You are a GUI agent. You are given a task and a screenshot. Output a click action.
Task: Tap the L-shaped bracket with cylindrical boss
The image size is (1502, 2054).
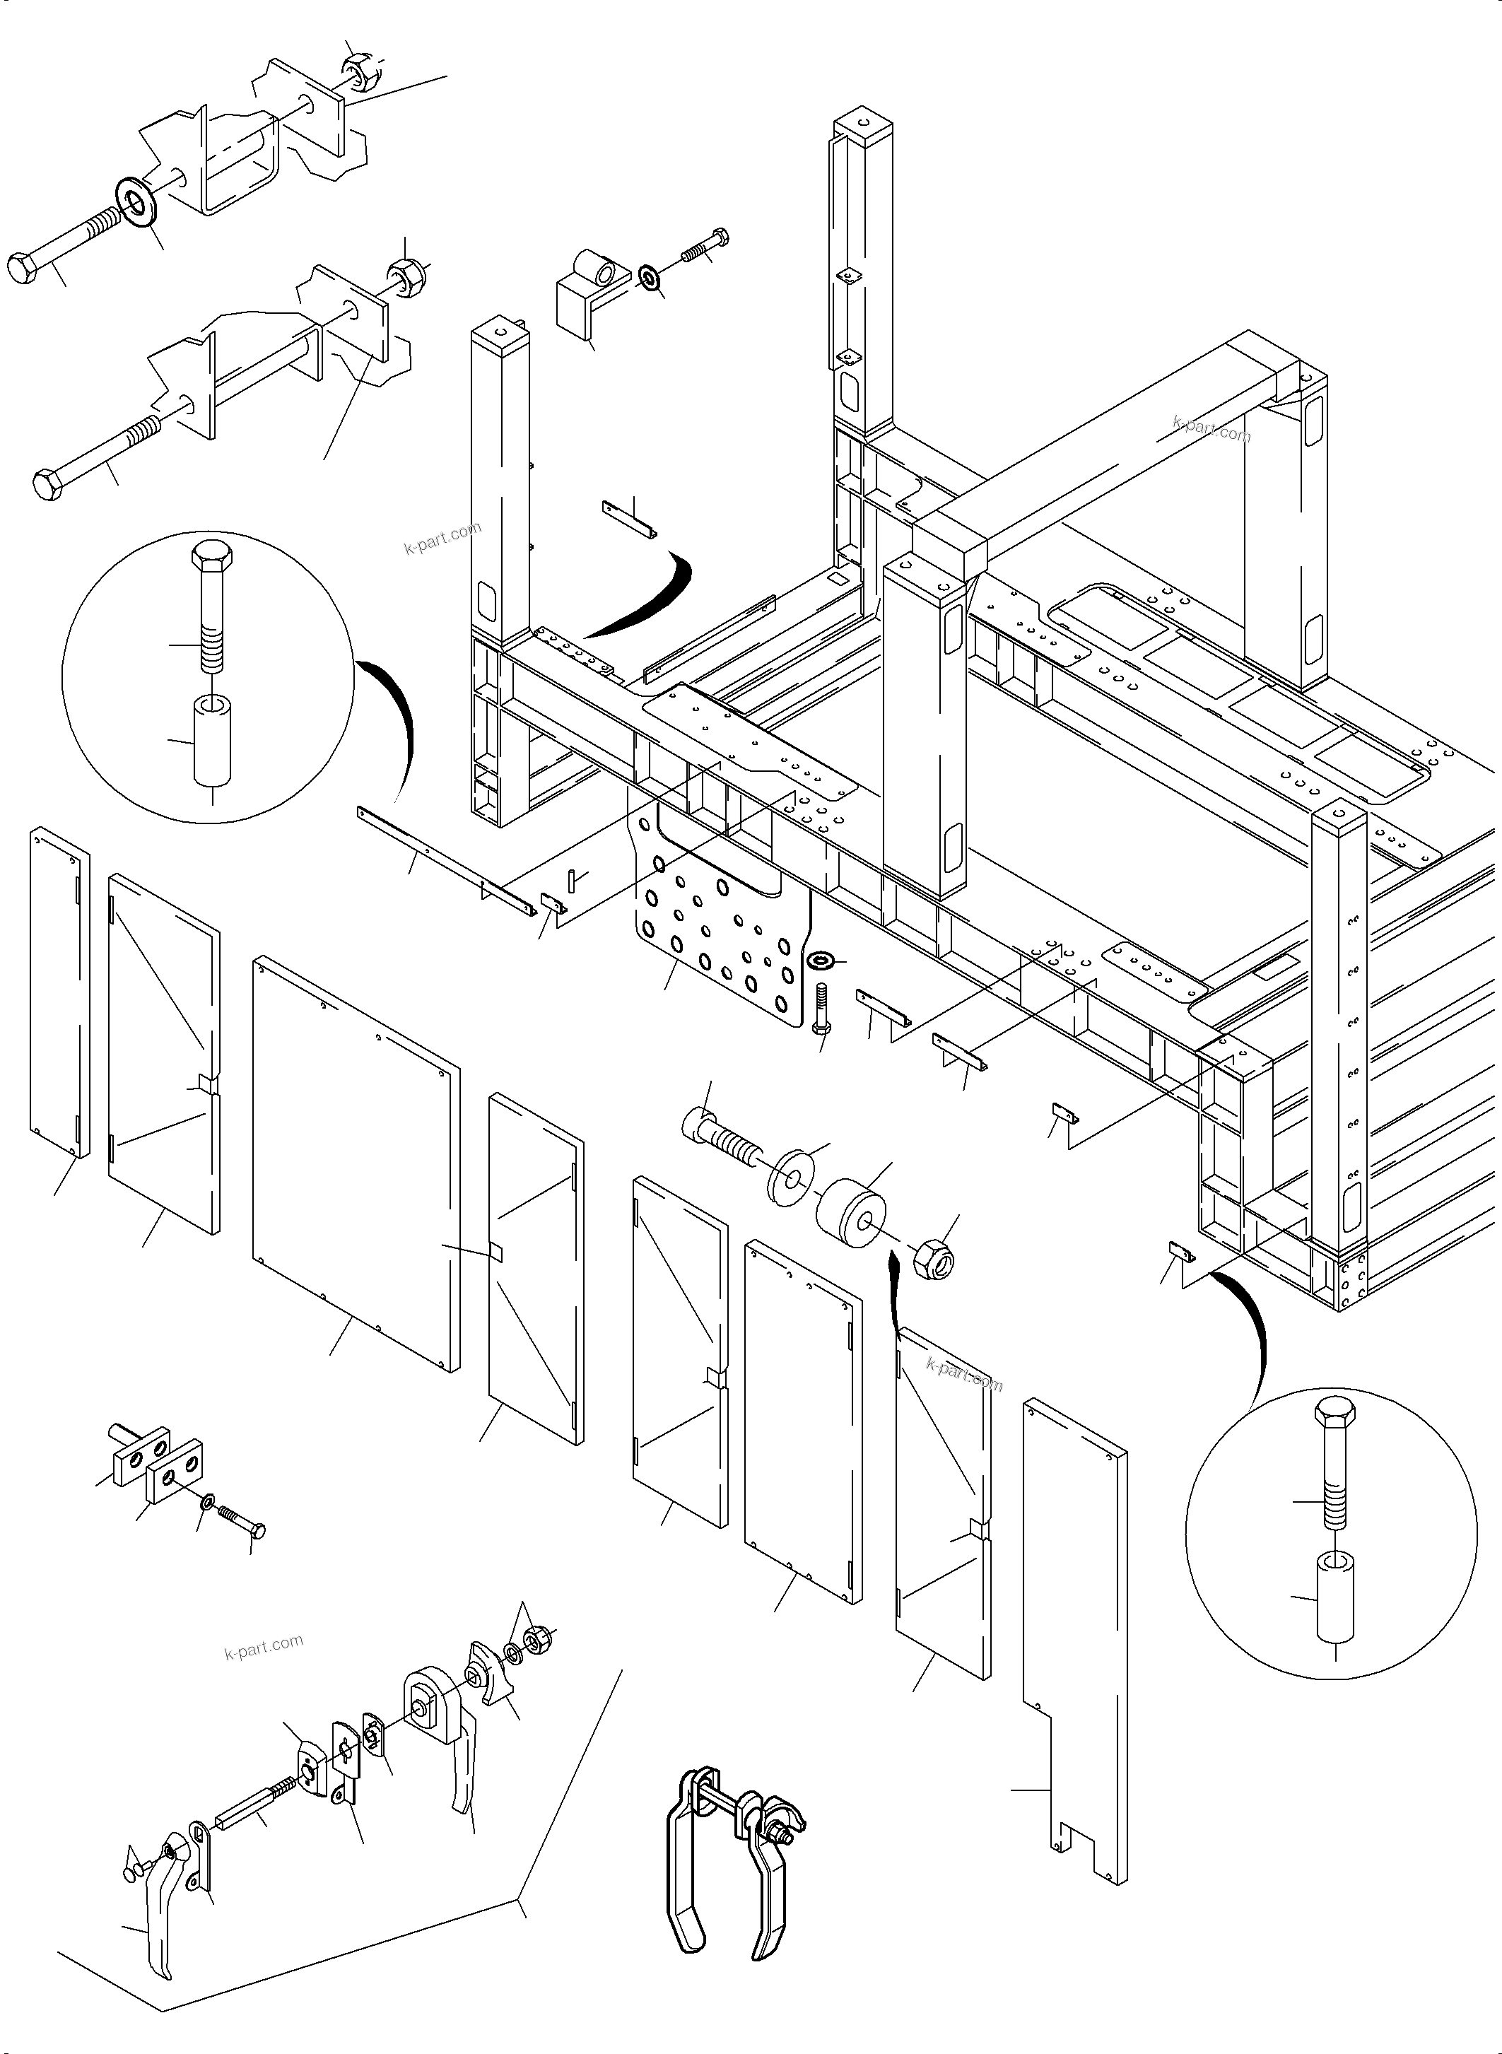[587, 295]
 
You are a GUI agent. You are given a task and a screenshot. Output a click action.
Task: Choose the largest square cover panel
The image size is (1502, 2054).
[355, 1164]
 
